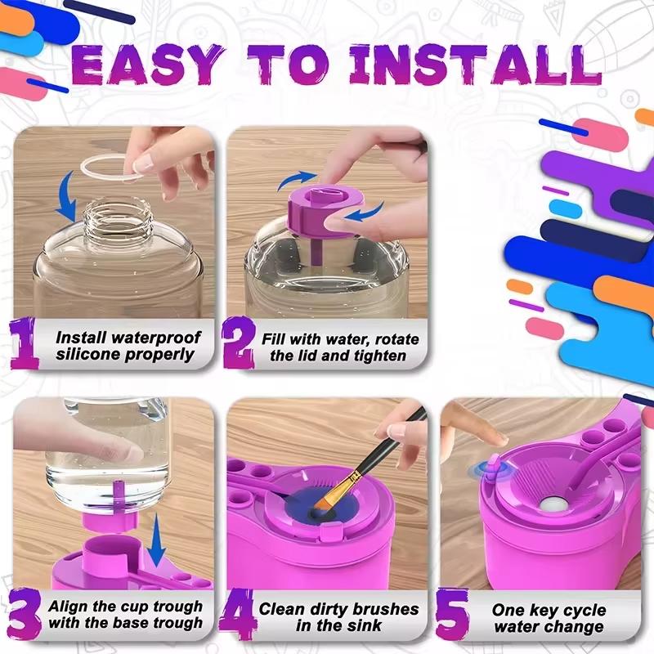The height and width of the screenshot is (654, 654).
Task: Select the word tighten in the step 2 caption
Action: click(377, 355)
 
